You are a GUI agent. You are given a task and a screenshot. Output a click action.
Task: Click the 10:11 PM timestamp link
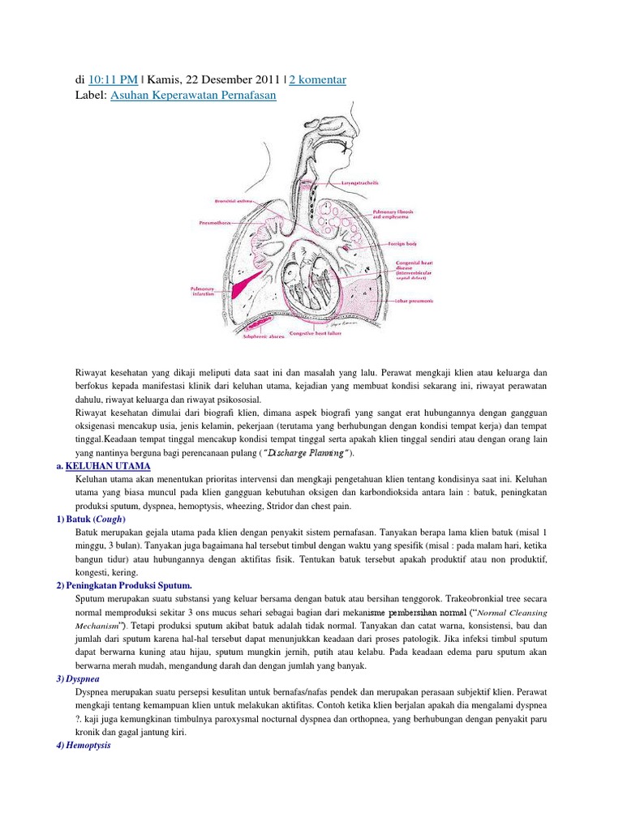(114, 79)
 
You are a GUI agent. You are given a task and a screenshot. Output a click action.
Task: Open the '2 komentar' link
(313, 79)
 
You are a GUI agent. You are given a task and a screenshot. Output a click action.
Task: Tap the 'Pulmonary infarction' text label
(202, 291)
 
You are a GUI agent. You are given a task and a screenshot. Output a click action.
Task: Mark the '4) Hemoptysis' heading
(89, 745)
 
